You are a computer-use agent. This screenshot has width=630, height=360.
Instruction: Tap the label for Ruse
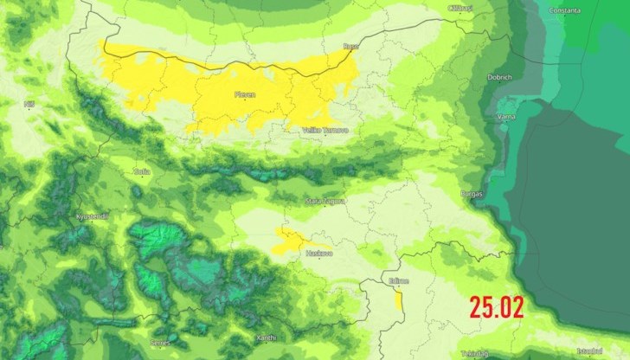click(350, 46)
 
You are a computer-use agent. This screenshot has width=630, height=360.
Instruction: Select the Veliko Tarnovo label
click(325, 130)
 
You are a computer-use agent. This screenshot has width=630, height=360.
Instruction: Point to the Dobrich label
click(499, 77)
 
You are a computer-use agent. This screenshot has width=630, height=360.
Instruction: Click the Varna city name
click(506, 115)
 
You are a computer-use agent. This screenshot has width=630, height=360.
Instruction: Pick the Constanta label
click(565, 10)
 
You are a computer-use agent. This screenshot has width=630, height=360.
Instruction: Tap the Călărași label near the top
click(460, 8)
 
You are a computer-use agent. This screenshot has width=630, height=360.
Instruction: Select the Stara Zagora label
click(324, 201)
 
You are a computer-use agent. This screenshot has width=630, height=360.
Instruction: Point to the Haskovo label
click(318, 253)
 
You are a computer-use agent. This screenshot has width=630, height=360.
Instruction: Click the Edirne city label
click(399, 280)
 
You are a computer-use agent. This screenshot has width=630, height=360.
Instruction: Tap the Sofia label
click(142, 171)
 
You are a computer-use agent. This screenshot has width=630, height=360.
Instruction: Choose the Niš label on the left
click(29, 104)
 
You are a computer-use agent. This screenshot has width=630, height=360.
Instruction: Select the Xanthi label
click(267, 337)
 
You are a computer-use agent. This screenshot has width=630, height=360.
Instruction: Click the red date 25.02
click(497, 306)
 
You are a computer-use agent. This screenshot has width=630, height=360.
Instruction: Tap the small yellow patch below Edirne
click(398, 301)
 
